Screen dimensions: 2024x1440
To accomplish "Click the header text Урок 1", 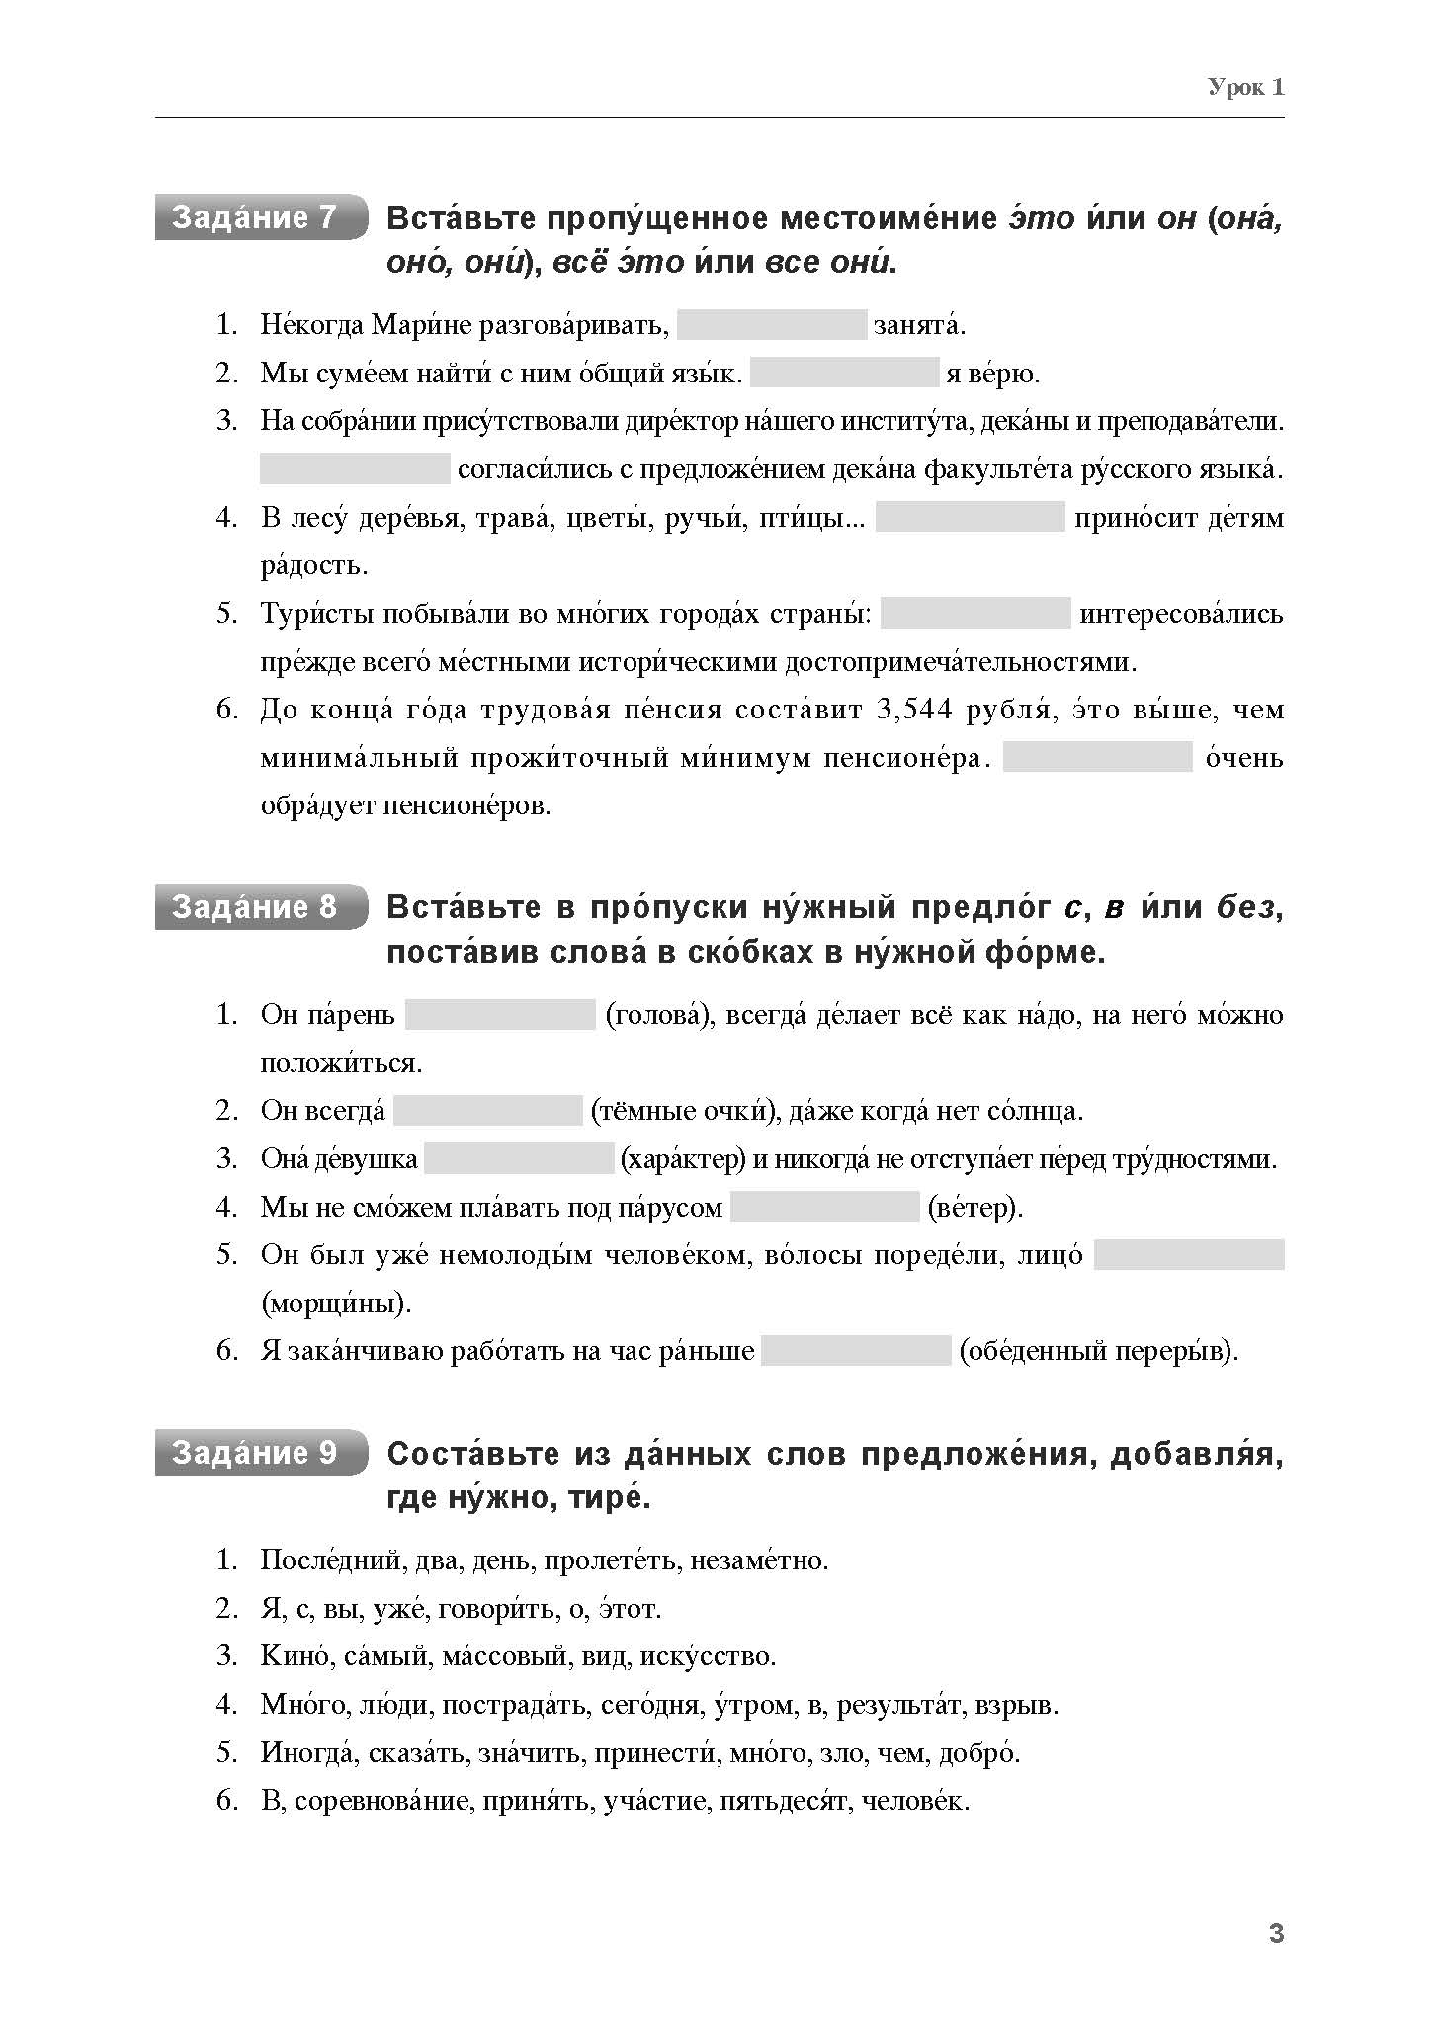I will tap(1245, 88).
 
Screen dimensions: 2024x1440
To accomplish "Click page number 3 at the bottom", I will tap(1276, 1934).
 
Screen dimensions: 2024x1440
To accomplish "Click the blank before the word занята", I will tap(772, 325).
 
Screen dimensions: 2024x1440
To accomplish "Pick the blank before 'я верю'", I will tap(844, 373).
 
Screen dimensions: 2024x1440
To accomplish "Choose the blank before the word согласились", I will tap(355, 468).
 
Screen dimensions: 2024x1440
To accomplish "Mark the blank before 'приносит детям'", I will tap(970, 517).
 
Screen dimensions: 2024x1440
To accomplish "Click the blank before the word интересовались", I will tap(975, 613).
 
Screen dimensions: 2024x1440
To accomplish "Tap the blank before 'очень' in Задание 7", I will tap(1097, 757).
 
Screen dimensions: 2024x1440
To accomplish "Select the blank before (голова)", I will tap(500, 1015).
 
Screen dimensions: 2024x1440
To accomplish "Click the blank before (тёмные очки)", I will tap(488, 1111).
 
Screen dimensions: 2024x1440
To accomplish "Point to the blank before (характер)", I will tap(519, 1158).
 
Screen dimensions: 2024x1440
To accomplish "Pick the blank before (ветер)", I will tap(825, 1207).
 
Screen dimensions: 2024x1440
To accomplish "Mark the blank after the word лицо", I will tap(1189, 1255).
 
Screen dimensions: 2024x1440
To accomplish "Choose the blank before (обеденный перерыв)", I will tap(856, 1351).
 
